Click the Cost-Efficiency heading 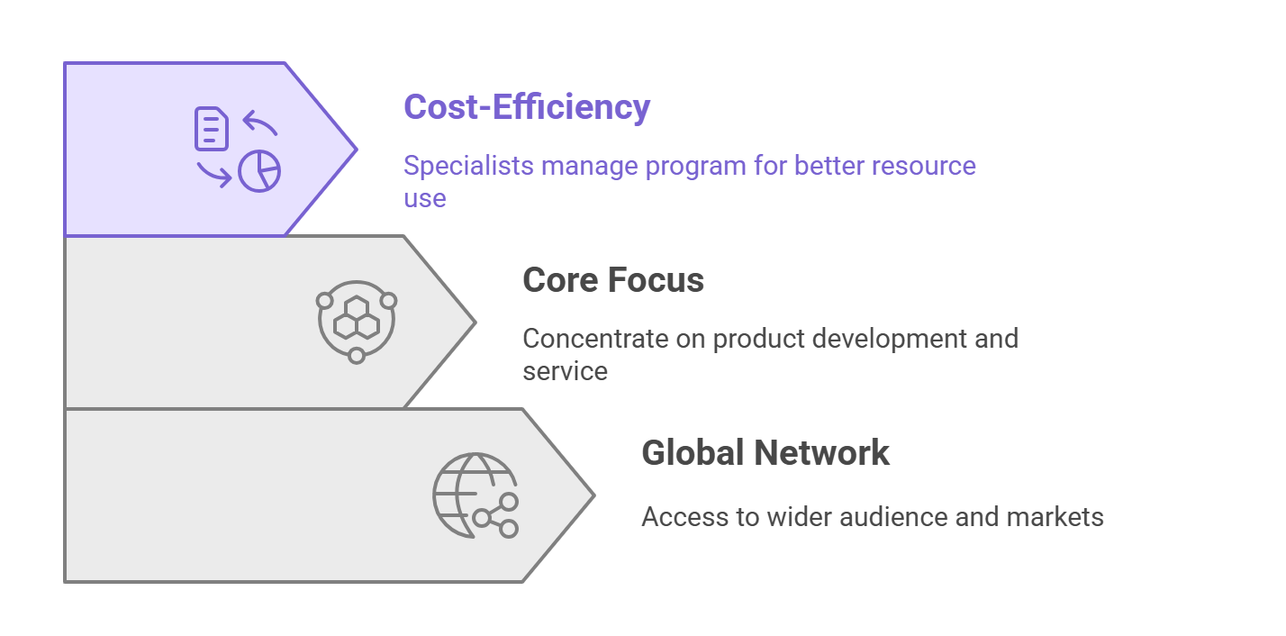tap(527, 107)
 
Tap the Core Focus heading tap(613, 280)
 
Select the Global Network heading tap(765, 453)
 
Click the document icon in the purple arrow tap(212, 129)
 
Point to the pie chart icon tap(259, 171)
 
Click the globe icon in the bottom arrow tap(475, 495)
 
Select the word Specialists tap(468, 166)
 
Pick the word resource tap(924, 166)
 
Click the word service tap(565, 371)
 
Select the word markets tap(1055, 516)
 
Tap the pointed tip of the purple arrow tap(358, 150)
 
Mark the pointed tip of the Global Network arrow tap(594, 495)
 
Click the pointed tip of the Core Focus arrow tap(475, 323)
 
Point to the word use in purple tap(425, 199)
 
